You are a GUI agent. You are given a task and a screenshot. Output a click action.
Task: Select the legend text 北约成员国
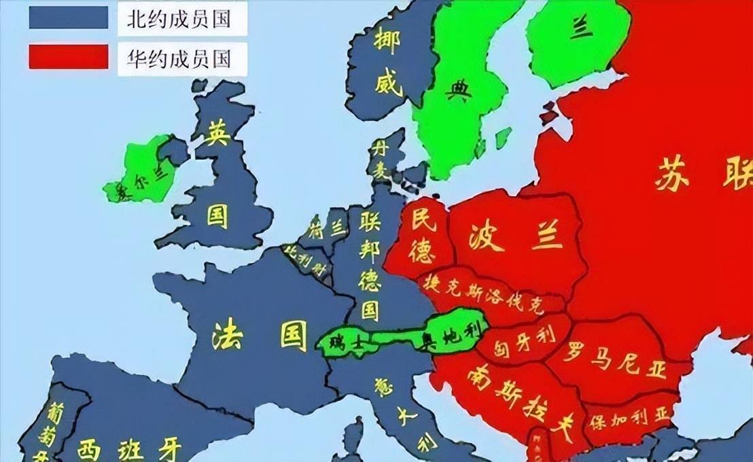179,20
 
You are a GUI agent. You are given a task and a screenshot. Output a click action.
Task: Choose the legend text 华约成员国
179,59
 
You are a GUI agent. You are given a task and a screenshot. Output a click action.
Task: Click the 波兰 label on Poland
516,237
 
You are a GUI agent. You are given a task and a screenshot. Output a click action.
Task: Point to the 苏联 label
700,176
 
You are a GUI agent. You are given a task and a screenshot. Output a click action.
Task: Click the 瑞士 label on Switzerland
345,342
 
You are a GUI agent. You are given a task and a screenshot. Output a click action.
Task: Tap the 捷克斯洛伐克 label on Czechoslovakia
483,293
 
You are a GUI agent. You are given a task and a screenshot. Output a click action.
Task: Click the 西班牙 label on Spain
129,448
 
